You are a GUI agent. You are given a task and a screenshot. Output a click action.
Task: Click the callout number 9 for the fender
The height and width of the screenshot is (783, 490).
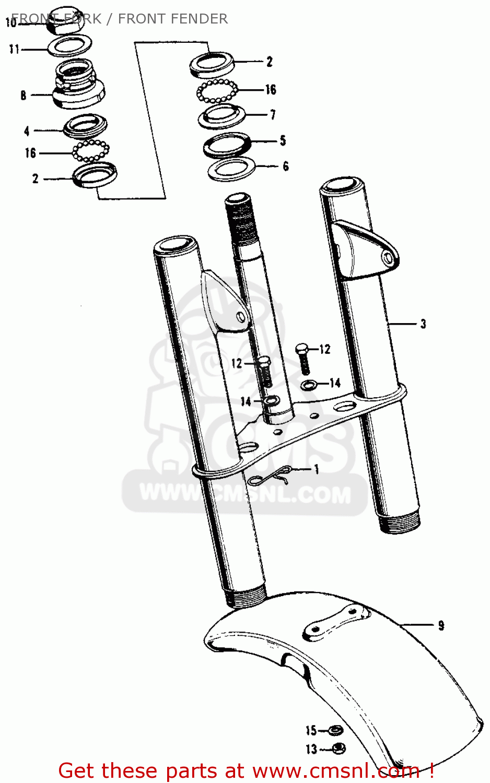(441, 625)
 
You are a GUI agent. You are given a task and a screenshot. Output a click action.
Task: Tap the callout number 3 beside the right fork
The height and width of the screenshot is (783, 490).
(423, 324)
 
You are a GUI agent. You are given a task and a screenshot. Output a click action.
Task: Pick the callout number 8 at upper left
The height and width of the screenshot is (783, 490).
(23, 95)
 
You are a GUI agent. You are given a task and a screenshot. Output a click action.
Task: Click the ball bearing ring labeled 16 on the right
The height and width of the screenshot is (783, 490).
(217, 91)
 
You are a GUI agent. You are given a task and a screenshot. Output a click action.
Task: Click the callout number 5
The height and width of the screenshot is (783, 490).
(283, 140)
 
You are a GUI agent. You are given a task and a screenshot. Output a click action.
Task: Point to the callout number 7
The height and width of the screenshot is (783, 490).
(273, 114)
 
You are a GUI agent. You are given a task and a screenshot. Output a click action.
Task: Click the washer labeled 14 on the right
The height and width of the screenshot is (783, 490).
(309, 385)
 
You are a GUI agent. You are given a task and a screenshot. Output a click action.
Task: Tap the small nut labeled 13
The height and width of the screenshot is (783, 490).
(338, 749)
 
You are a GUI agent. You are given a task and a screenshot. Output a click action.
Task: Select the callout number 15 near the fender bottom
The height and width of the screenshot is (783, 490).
(311, 730)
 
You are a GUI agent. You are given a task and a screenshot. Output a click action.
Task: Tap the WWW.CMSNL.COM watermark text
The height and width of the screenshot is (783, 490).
(245, 493)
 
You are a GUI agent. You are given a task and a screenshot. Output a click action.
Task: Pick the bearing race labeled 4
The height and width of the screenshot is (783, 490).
(86, 126)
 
